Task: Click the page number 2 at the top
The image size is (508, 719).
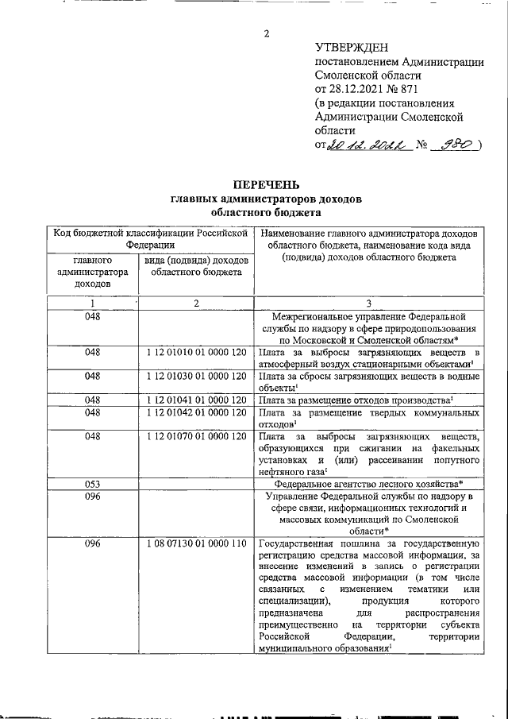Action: (x=267, y=33)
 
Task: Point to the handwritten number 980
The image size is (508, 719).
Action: (x=457, y=145)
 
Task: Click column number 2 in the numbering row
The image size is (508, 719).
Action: (x=196, y=303)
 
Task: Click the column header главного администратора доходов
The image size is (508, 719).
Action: (x=93, y=271)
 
